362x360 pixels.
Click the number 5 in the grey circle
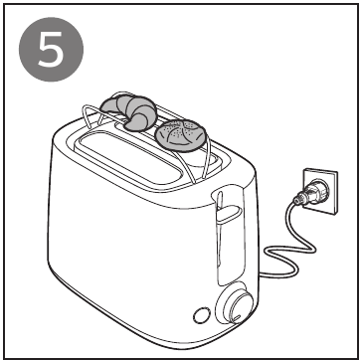point(51,50)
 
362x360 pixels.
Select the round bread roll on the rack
point(181,135)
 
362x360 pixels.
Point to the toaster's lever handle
point(228,213)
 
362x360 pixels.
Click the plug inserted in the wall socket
point(311,193)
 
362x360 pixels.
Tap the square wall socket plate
point(321,191)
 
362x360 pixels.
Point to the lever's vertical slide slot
point(220,239)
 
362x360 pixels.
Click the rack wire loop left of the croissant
point(92,114)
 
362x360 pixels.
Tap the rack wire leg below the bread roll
point(186,166)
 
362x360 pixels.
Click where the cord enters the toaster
point(261,274)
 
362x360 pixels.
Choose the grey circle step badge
point(52,50)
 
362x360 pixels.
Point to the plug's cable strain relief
point(299,200)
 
